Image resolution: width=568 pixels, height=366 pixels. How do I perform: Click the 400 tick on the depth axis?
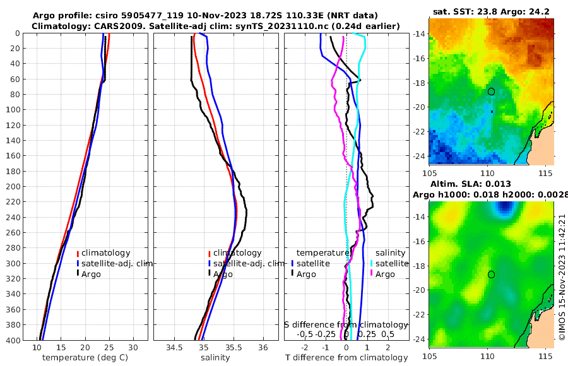(13, 340)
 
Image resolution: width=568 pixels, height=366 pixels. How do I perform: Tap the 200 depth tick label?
(13, 186)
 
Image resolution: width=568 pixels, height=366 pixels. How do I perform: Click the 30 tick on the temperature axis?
(133, 348)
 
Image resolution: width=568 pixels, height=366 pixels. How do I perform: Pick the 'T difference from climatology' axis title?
(346, 358)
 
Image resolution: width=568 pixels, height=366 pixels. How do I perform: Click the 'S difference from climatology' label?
(346, 324)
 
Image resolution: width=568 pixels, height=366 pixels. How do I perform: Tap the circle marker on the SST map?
(491, 91)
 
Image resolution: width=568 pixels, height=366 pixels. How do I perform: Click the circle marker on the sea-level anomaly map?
(491, 274)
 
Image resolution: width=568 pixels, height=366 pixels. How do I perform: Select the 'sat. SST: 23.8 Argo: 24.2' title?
(491, 11)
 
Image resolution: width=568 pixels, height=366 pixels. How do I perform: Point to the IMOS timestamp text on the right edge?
(562, 278)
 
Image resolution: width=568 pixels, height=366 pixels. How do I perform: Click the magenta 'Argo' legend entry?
(385, 274)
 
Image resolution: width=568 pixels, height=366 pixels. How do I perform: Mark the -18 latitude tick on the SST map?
(419, 83)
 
